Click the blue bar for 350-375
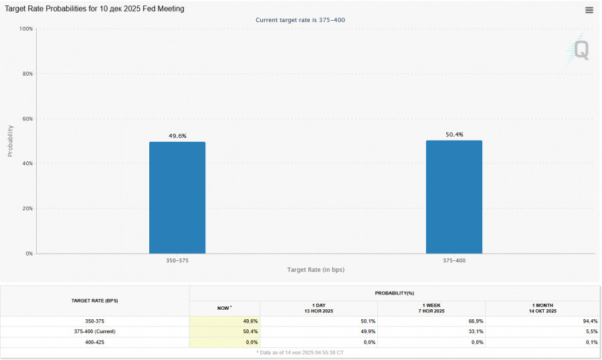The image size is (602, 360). point(177,197)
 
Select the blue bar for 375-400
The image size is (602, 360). point(454,197)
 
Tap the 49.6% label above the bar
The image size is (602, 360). point(177,136)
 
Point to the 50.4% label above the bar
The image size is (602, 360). point(454,134)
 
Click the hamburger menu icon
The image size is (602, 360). point(589,10)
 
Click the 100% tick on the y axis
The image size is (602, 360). point(26,29)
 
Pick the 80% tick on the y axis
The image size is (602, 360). point(27,74)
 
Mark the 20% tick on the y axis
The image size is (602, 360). point(27,209)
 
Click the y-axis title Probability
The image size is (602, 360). point(10,141)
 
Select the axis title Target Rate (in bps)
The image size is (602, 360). point(316,270)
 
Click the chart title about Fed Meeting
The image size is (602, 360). point(95,9)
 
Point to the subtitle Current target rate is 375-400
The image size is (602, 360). point(300,20)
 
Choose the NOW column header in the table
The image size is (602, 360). point(224,308)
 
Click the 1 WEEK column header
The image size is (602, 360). point(431,308)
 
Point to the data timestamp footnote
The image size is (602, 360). point(300,352)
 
